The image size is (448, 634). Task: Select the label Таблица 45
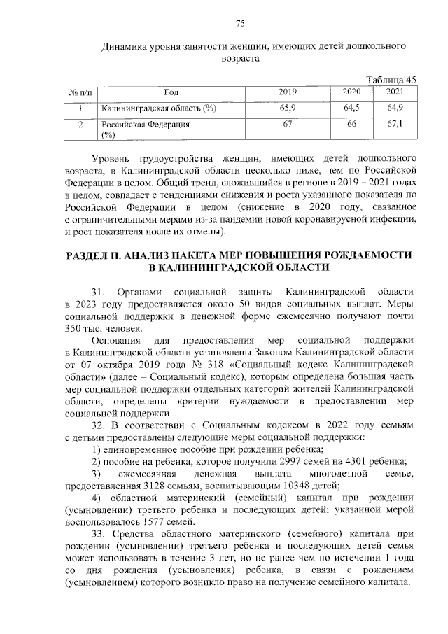[392, 79]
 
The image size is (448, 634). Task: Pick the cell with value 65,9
[288, 108]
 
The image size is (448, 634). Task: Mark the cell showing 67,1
[395, 124]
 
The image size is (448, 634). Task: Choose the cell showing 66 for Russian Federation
[352, 124]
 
